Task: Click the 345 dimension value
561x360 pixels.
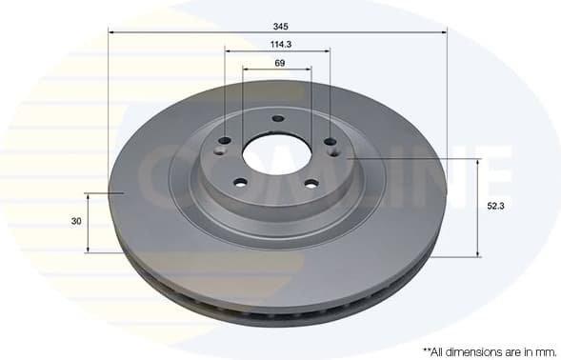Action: click(278, 26)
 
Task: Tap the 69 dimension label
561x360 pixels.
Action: click(279, 63)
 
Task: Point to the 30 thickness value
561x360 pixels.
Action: click(75, 221)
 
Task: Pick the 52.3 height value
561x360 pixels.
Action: click(495, 206)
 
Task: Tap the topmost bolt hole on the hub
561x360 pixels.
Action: click(277, 119)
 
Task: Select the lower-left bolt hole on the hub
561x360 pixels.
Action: click(240, 183)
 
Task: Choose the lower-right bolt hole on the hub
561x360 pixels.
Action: click(311, 185)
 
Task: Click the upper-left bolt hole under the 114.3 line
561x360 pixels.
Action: click(225, 141)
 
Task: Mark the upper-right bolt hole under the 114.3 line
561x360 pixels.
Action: click(331, 141)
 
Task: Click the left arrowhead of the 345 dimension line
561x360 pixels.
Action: click(111, 32)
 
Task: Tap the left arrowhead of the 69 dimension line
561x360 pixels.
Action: click(246, 69)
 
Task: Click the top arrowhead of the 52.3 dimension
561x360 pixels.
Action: click(479, 161)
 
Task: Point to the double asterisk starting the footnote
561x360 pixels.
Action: click(425, 350)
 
